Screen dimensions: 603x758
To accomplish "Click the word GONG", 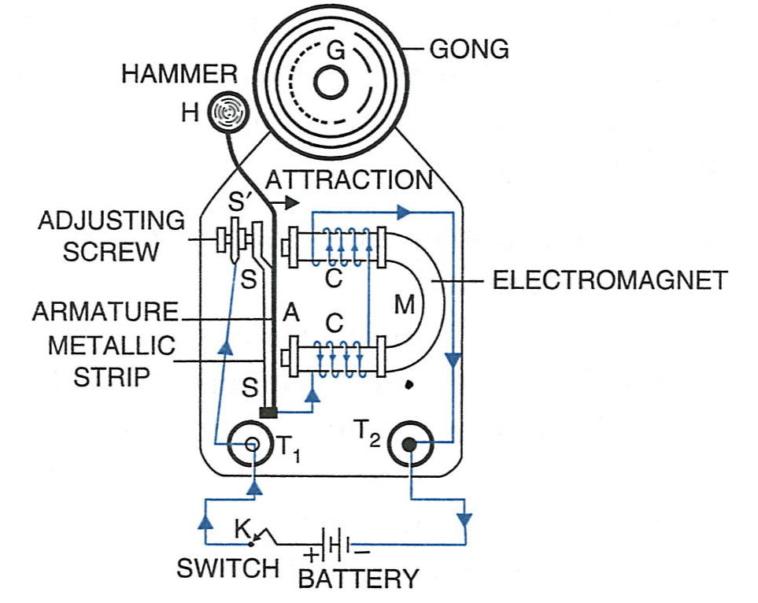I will pos(469,50).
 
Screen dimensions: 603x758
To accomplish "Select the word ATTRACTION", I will pos(349,179).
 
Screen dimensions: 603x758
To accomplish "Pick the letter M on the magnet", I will pos(404,304).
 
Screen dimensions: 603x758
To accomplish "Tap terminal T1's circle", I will pos(251,445).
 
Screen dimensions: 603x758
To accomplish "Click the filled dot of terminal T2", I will pos(409,446).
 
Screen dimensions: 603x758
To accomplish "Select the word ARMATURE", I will pos(105,313).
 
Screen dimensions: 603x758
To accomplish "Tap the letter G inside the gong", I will pos(335,53).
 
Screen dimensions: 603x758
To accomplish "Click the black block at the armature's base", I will pos(269,412).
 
